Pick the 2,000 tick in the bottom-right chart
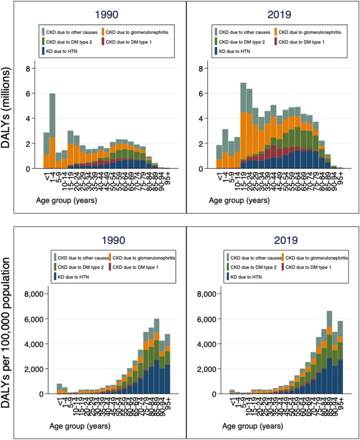click(x=201, y=369)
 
